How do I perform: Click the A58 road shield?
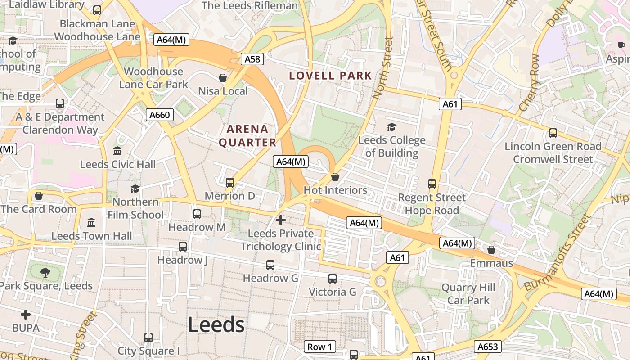click(252, 59)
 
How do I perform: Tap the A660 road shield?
click(160, 115)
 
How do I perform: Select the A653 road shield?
click(487, 346)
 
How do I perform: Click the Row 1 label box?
click(320, 346)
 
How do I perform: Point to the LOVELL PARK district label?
click(331, 76)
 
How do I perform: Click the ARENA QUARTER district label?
click(247, 136)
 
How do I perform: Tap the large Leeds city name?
click(216, 324)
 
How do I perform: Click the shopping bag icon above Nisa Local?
click(222, 78)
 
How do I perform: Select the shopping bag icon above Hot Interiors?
click(335, 177)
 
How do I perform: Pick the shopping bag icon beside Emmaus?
click(491, 249)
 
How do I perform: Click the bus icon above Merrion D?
click(230, 182)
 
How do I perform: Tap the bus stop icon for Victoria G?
click(332, 279)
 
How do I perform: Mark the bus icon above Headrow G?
click(270, 265)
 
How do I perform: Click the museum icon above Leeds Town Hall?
click(91, 222)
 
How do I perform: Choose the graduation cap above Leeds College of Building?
click(391, 127)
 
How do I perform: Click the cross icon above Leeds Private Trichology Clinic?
click(281, 220)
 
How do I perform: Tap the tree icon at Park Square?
click(45, 272)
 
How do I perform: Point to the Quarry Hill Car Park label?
click(468, 293)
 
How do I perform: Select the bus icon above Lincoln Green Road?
click(553, 133)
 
